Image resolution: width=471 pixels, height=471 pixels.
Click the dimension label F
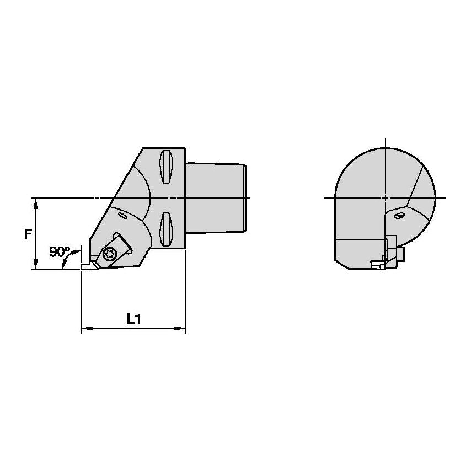click(x=28, y=234)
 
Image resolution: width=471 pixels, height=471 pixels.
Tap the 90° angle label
click(x=60, y=252)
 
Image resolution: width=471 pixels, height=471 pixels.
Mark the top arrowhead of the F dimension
click(x=36, y=202)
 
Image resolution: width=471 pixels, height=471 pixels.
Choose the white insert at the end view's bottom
click(x=378, y=265)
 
